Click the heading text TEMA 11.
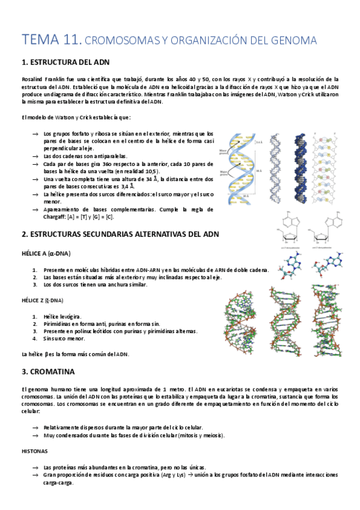[x=50, y=40]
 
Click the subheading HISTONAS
[x=35, y=450]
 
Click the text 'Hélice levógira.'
[x=63, y=316]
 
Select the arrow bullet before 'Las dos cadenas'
[x=35, y=156]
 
